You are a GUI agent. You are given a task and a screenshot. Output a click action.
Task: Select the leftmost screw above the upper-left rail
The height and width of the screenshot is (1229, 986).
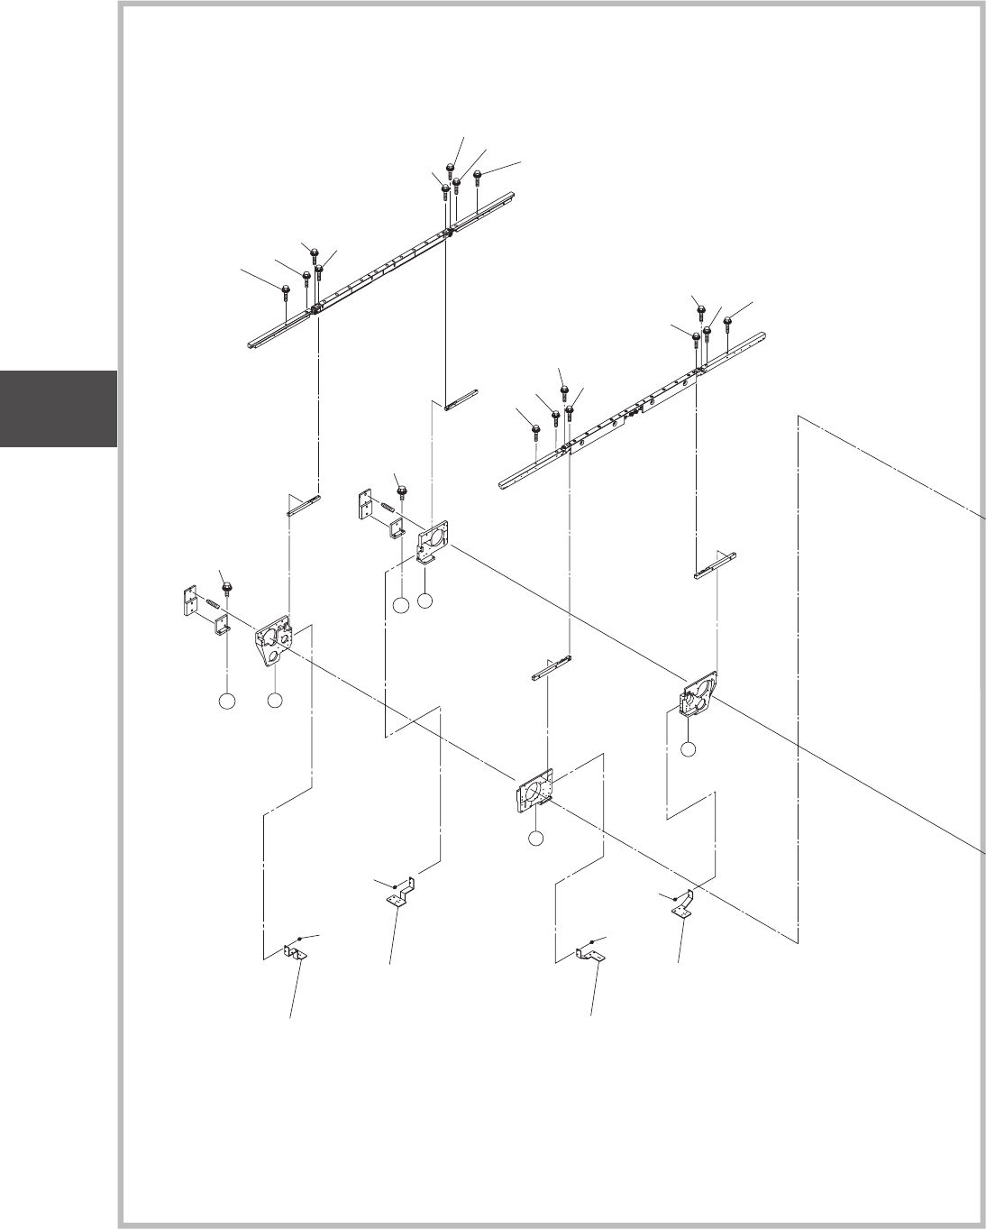tap(286, 290)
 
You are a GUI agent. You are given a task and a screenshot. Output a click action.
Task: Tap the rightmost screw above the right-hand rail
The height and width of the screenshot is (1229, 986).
tap(728, 321)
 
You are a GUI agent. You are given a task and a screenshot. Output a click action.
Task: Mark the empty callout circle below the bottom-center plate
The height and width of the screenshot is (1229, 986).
tap(536, 839)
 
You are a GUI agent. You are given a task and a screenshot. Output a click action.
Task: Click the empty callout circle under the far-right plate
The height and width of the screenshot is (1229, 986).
tap(688, 748)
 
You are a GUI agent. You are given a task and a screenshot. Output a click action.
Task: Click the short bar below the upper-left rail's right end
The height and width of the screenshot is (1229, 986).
tap(461, 399)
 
